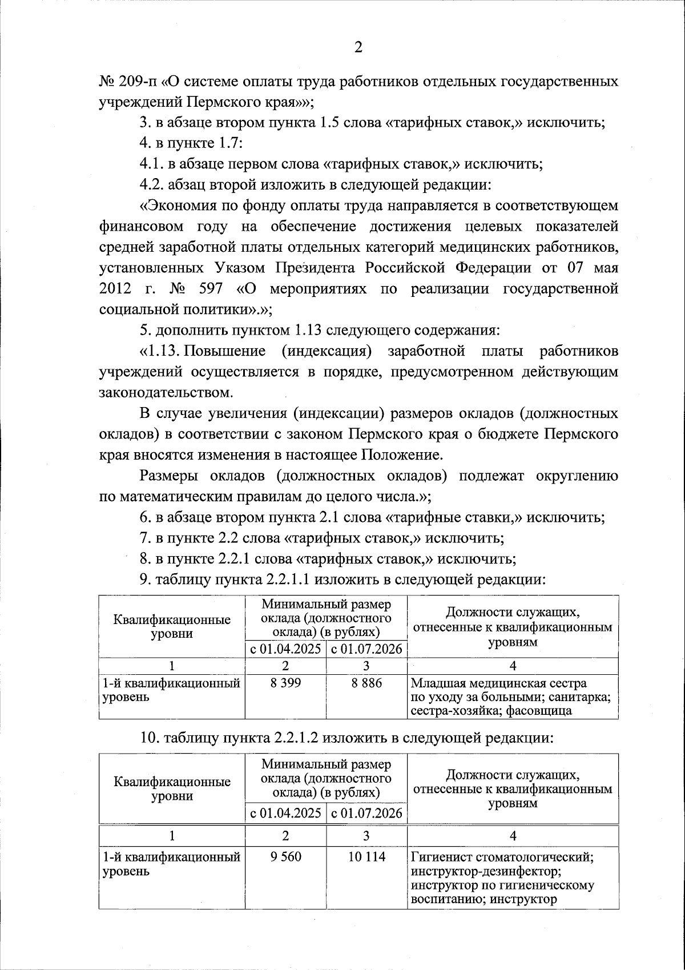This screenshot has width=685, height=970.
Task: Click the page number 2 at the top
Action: (x=358, y=47)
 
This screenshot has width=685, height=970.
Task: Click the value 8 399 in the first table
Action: (x=285, y=683)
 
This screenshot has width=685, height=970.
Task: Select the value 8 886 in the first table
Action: (x=366, y=683)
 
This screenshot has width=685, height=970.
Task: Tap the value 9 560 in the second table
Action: (x=285, y=856)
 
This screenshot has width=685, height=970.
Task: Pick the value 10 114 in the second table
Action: (x=366, y=856)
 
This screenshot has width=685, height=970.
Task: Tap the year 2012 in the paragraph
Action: (x=116, y=288)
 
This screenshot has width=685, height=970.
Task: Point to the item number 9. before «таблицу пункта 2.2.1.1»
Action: (x=145, y=580)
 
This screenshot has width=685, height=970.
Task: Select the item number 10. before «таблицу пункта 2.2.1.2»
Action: (x=148, y=738)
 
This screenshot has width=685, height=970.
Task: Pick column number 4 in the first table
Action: (x=513, y=666)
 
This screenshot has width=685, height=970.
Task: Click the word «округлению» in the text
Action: (x=577, y=476)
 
